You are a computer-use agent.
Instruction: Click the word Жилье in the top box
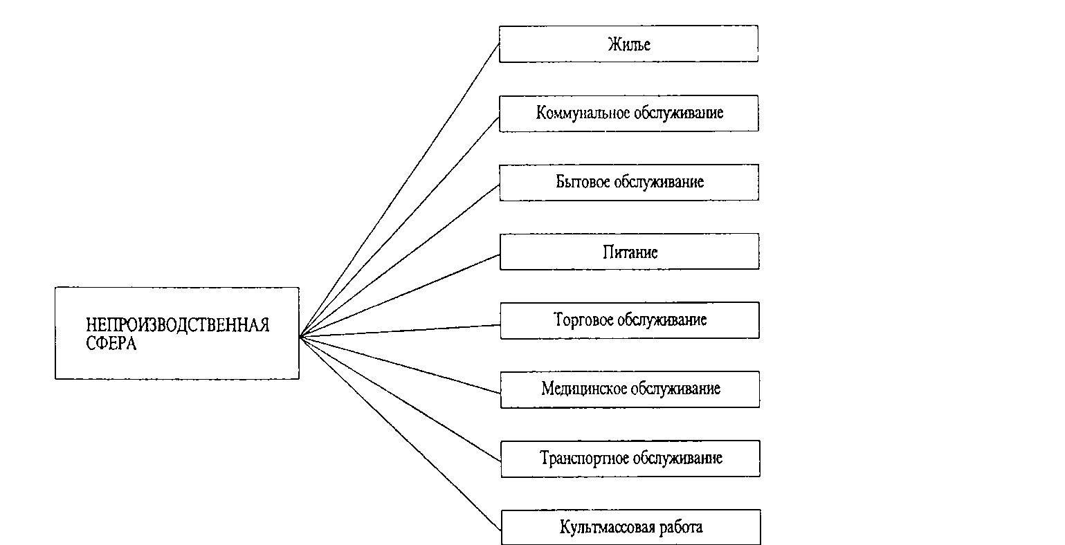click(x=629, y=44)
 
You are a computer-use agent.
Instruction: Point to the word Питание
click(x=630, y=252)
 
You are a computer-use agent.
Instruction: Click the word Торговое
click(x=583, y=320)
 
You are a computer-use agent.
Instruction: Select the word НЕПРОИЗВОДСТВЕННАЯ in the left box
click(x=177, y=326)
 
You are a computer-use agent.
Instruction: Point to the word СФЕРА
click(x=111, y=343)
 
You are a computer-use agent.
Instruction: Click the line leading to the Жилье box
click(x=399, y=190)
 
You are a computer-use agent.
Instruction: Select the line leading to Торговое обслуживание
click(x=400, y=331)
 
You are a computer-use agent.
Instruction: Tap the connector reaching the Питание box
click(x=400, y=295)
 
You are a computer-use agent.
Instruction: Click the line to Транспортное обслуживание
click(x=400, y=398)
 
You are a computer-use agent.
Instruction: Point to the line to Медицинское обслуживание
click(x=400, y=365)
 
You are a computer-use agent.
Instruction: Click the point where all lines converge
click(x=300, y=336)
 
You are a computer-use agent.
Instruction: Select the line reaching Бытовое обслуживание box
click(x=400, y=260)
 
